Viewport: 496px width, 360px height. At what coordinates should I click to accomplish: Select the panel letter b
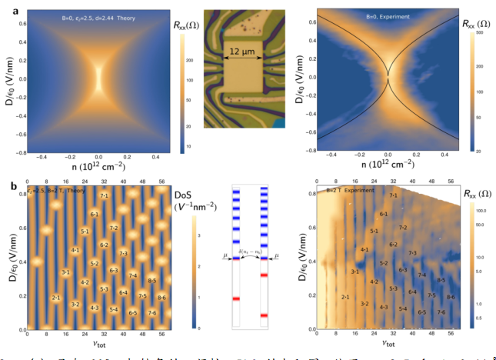pos(5,185)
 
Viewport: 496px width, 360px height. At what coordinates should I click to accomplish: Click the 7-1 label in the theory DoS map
pos(104,196)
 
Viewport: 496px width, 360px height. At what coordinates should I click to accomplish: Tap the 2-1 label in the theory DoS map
pos(56,297)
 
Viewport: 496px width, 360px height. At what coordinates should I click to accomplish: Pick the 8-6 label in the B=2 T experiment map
pos(450,296)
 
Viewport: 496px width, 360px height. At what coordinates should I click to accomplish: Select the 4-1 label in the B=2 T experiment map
pos(364,249)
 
